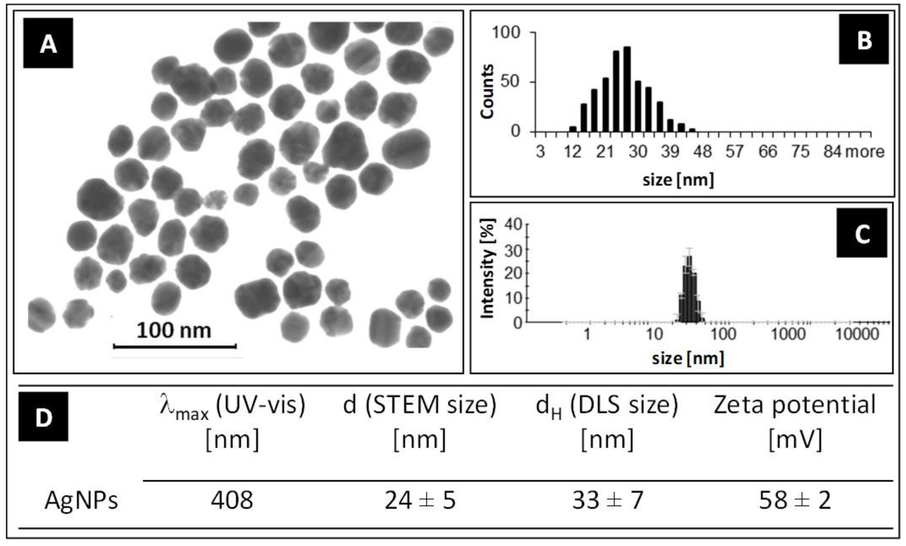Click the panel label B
tap(864, 39)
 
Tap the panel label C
tap(862, 233)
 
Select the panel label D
tap(43, 416)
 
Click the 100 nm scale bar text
tap(174, 330)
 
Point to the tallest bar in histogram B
tap(627, 90)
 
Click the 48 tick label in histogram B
tap(702, 152)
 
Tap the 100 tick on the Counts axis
tap(506, 33)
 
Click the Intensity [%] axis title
tap(487, 269)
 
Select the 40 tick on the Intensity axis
tap(513, 225)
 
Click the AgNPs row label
tap(81, 500)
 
